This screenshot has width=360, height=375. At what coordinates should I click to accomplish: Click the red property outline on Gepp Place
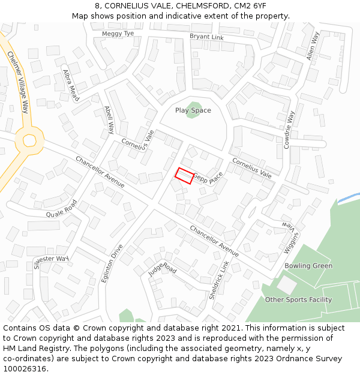click(x=184, y=176)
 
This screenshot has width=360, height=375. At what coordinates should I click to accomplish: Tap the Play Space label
click(x=193, y=110)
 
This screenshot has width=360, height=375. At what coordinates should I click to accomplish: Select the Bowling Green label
click(x=308, y=266)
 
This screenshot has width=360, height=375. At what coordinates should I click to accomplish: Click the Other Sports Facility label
click(x=298, y=299)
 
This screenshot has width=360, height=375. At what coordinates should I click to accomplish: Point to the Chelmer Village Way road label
click(x=18, y=82)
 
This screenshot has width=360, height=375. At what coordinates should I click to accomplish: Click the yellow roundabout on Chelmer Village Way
click(x=29, y=141)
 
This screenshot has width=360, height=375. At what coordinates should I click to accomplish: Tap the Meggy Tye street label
click(x=118, y=34)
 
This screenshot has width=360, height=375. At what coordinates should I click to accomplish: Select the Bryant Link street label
click(x=206, y=37)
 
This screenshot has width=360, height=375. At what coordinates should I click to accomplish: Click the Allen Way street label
click(x=310, y=46)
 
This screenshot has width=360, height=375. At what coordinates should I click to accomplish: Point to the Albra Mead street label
click(x=71, y=85)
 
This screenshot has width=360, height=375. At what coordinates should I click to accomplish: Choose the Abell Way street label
click(x=109, y=119)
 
